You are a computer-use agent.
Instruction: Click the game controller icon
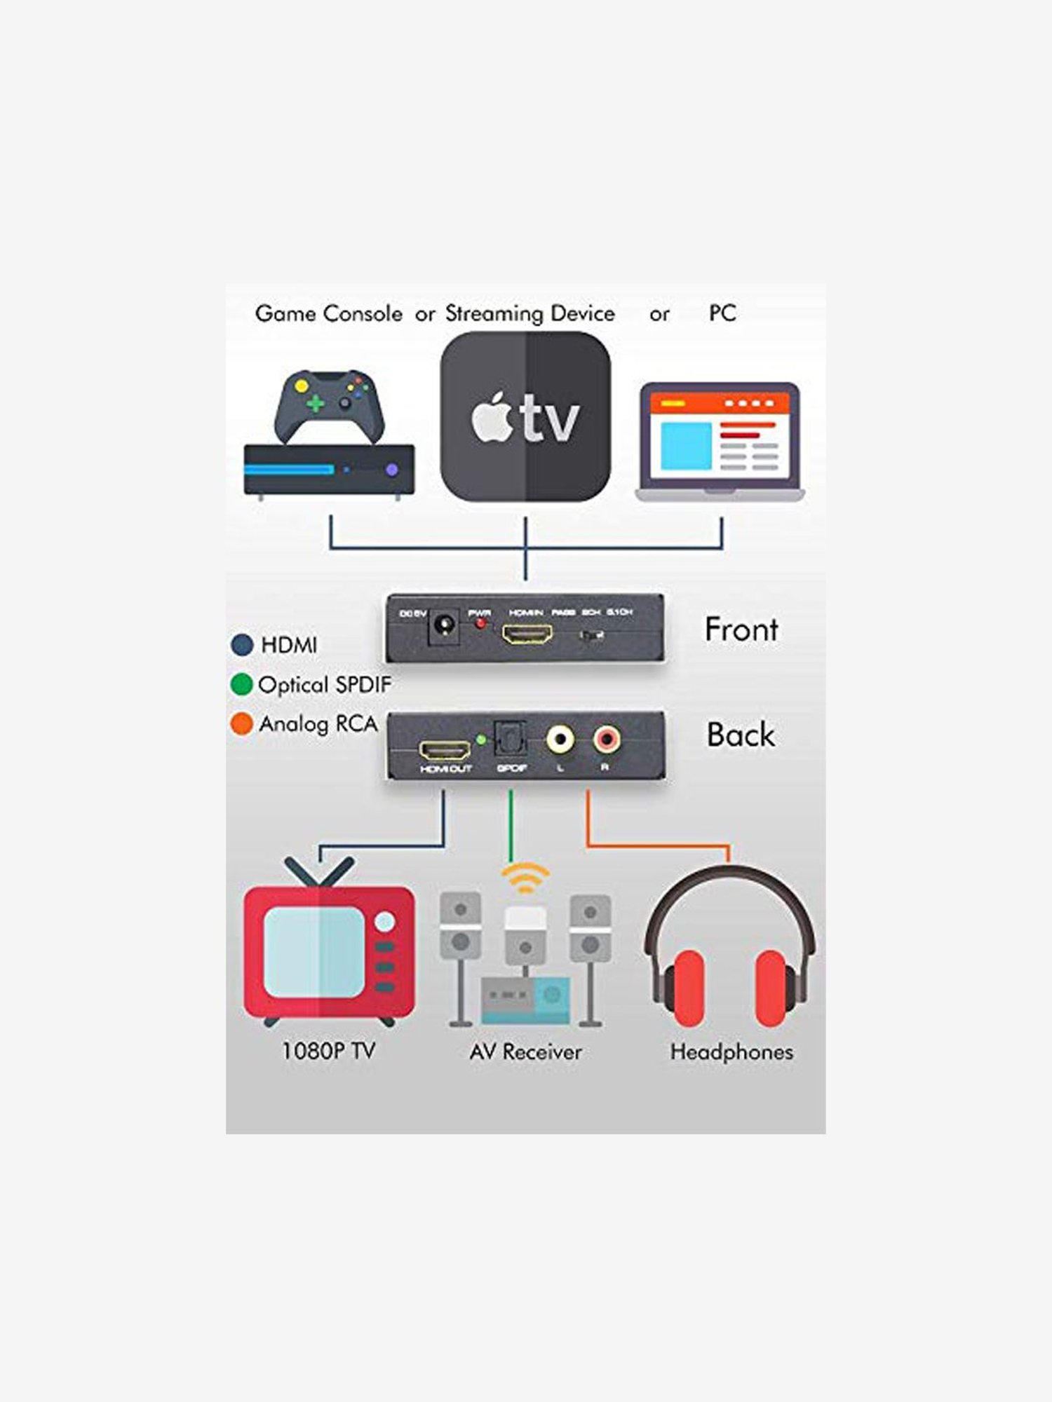click(x=329, y=405)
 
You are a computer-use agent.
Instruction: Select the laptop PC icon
click(x=720, y=442)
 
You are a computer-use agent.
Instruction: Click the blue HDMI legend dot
click(x=242, y=645)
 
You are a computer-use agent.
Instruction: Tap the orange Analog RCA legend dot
click(x=241, y=723)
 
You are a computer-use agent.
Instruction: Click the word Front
click(x=741, y=629)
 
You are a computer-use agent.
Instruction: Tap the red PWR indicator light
click(x=480, y=624)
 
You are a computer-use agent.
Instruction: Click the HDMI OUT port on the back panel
click(x=445, y=751)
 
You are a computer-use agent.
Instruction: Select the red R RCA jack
click(x=606, y=739)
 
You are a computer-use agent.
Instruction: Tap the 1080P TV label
click(x=328, y=1051)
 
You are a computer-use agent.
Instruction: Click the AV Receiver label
click(x=525, y=1052)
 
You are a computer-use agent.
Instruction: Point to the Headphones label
click(x=731, y=1052)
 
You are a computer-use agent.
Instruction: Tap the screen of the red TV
click(x=314, y=952)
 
